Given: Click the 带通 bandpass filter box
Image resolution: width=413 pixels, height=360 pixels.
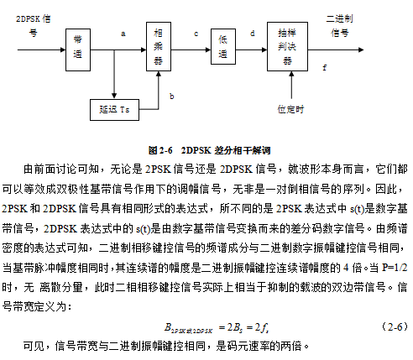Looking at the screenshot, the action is coord(78,50).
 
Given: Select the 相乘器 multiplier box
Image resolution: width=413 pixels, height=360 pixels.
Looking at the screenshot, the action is coord(159,46).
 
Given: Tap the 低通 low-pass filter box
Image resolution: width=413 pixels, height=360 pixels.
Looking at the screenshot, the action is coord(223,46).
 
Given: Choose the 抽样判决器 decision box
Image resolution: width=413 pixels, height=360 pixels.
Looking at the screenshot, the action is coord(287,46).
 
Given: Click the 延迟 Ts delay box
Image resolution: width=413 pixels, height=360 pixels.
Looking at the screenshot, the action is coord(114,110).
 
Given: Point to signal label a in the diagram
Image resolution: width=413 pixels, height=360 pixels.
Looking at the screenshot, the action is coord(123,34).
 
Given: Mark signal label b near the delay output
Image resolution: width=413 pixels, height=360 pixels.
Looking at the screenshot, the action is coord(172,97).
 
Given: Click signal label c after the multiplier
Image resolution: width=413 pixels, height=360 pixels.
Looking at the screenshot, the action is coord(196,34).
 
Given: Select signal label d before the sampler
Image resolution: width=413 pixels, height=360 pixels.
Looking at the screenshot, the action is coord(253,34).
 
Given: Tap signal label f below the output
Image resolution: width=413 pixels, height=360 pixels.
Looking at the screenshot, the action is coord(325,68).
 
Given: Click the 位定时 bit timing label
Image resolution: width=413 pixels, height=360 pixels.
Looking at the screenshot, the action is coord(290,109).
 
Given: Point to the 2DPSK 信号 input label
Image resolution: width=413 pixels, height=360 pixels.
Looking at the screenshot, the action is coord(34,26).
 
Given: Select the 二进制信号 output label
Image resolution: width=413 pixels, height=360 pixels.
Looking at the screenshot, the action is coord(339,26).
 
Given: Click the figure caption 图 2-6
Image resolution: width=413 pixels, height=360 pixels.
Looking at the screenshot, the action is coord(160,150).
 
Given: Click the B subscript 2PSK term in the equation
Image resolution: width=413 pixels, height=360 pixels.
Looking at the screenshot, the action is coord(188,328).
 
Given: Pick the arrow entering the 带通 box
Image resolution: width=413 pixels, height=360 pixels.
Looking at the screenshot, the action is coord(41,50).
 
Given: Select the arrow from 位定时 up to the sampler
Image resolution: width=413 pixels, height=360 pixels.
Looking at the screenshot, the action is coord(291,85).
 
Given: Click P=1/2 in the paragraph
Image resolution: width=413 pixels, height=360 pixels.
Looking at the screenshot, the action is coord(395,268).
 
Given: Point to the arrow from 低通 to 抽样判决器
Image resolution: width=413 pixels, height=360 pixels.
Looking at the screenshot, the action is coord(251,50).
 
